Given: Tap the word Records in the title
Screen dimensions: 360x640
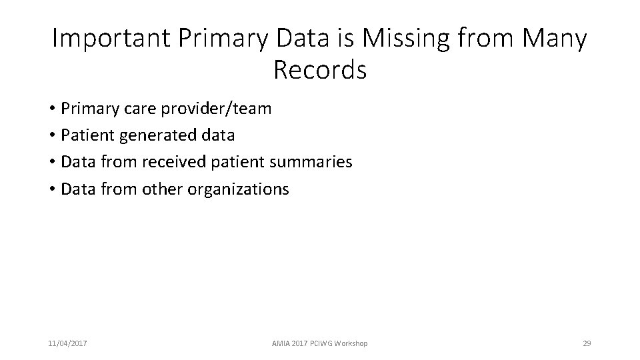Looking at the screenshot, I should (x=320, y=69).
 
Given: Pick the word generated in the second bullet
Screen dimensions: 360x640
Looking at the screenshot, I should (x=158, y=135).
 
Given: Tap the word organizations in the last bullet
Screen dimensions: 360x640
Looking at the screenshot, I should (x=238, y=189).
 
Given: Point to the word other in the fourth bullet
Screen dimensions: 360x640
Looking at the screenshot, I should (x=163, y=189).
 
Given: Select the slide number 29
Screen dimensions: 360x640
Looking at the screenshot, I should (x=587, y=343).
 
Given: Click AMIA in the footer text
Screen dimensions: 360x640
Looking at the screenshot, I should (x=281, y=343).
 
